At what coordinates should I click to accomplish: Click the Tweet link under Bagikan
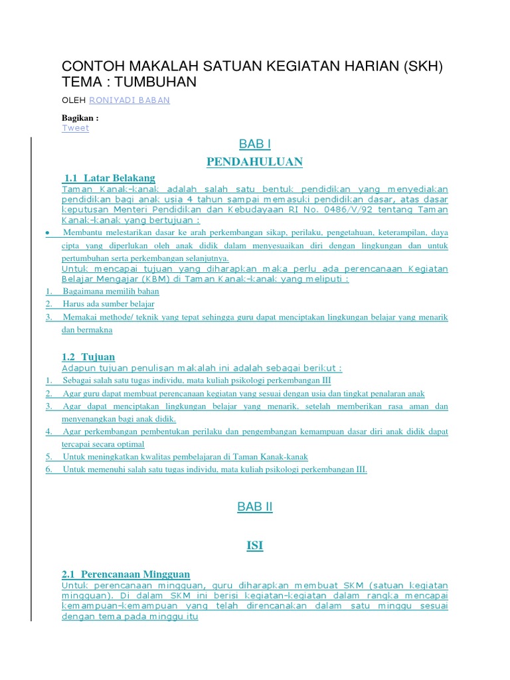tap(75, 128)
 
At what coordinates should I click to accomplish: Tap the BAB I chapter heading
tap(255, 144)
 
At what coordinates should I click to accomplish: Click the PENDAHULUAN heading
tap(255, 162)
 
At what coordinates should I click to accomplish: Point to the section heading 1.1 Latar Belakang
tap(110, 178)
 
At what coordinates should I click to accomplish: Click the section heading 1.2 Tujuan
tap(88, 357)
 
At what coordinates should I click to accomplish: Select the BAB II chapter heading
tap(255, 507)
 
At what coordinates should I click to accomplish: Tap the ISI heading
tap(255, 546)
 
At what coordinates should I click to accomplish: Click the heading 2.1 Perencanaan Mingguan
tap(126, 574)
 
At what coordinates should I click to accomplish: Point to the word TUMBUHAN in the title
tap(156, 81)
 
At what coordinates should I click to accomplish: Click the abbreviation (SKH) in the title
tap(422, 66)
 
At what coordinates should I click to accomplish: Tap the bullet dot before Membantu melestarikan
tap(48, 233)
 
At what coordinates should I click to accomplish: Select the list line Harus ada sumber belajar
tap(108, 304)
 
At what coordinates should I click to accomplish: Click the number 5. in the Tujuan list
tap(49, 457)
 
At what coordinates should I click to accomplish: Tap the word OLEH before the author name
tap(73, 100)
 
